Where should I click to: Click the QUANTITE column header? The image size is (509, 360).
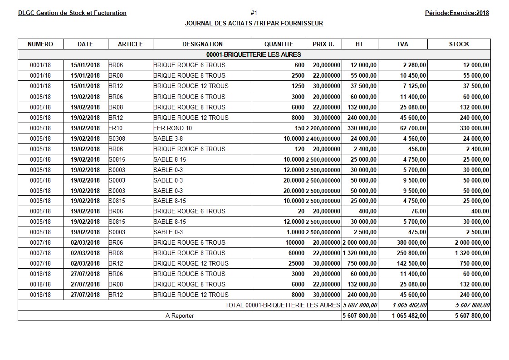[x=279, y=44]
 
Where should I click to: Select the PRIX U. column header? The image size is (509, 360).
[x=323, y=44]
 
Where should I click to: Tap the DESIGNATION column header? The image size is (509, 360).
[x=202, y=44]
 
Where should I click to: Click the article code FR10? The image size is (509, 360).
[x=115, y=128]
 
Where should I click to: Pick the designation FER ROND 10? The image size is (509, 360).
[x=172, y=128]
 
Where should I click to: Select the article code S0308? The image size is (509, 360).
[x=117, y=138]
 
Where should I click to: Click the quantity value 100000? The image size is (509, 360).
[x=295, y=242]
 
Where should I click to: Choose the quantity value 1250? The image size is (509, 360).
[x=298, y=86]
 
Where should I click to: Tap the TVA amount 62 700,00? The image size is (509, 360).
[x=411, y=128]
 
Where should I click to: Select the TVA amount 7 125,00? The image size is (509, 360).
[x=413, y=86]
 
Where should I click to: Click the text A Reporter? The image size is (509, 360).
[x=179, y=316]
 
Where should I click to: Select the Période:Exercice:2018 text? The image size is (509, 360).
[x=457, y=13]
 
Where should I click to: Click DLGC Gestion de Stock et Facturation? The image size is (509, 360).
[x=72, y=13]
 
